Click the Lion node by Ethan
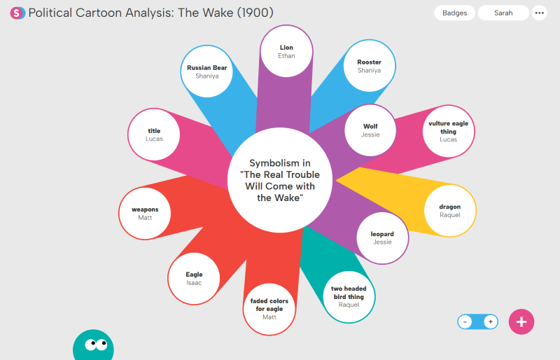(286, 51)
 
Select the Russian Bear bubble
(206, 71)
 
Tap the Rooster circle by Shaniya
(369, 66)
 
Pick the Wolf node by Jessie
(370, 130)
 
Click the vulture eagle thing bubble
(448, 131)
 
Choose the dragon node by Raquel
(450, 210)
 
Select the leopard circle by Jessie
(382, 237)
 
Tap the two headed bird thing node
(349, 296)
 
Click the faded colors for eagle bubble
(269, 309)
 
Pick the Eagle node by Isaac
(194, 278)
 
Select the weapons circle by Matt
(145, 213)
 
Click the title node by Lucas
(154, 134)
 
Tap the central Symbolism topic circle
(280, 180)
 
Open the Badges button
(455, 13)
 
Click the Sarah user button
(503, 13)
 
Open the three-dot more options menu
(539, 13)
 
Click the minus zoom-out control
(465, 322)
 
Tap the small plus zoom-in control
(490, 322)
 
